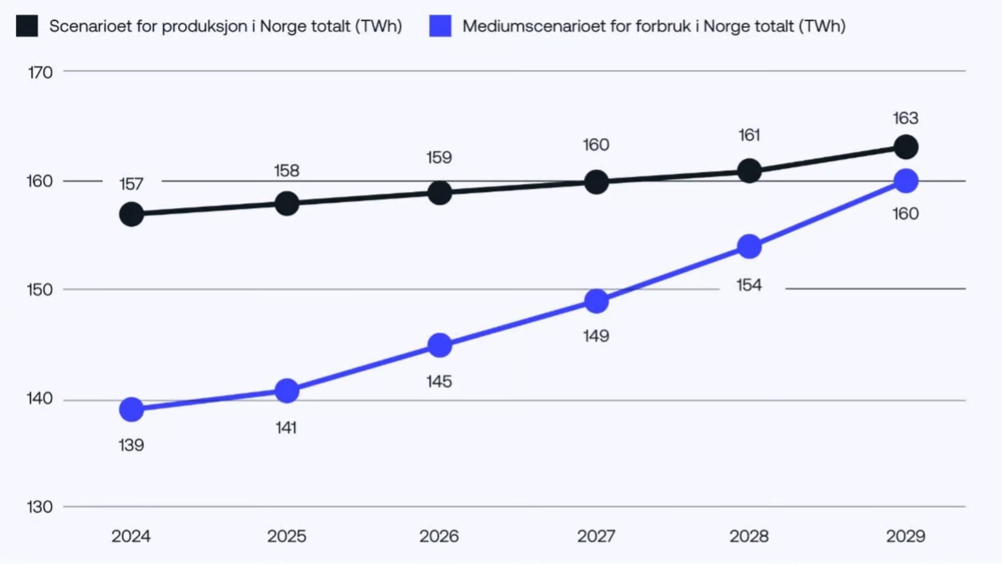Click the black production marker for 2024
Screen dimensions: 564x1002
tap(132, 214)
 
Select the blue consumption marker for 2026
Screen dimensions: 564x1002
tap(439, 345)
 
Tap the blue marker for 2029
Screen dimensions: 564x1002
tap(906, 181)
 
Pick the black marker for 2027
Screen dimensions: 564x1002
tap(596, 182)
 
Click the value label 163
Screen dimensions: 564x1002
tap(905, 119)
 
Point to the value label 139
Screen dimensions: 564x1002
tap(131, 445)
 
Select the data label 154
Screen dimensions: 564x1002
tap(749, 285)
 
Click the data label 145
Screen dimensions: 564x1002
tap(439, 382)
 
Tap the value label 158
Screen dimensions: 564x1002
tap(287, 171)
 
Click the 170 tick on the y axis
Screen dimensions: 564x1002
tap(40, 73)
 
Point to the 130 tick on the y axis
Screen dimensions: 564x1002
tap(40, 507)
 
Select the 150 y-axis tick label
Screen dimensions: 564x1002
tap(40, 290)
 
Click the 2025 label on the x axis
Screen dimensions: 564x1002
tap(287, 536)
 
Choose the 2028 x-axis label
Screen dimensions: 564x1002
tap(749, 536)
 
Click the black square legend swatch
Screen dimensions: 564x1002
tap(27, 26)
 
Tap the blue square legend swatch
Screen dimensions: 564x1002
tap(440, 26)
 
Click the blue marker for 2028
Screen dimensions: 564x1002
tap(749, 246)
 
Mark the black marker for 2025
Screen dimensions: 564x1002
tap(287, 203)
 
